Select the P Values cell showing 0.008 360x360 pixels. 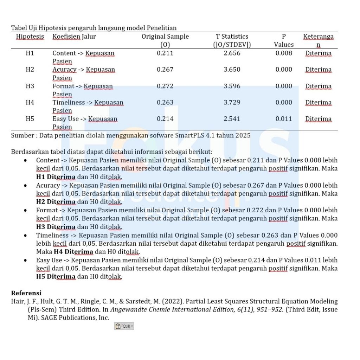[284, 53]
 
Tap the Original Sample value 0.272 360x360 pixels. [165, 86]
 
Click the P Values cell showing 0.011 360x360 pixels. [284, 119]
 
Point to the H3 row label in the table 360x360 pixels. [30, 86]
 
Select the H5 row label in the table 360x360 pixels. [30, 119]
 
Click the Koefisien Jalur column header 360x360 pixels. [74, 37]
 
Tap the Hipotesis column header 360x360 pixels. [30, 37]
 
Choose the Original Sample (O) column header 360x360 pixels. [165, 40]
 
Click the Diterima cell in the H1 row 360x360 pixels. [318, 53]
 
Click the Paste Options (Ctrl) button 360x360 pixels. [124, 327]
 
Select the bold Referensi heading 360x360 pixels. [26, 293]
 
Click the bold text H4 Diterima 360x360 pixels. [73, 252]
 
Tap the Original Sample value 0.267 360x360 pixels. [165, 70]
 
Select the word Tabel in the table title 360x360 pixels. [18, 28]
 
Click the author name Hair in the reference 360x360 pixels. [17, 301]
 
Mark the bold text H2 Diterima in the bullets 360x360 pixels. [56, 202]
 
